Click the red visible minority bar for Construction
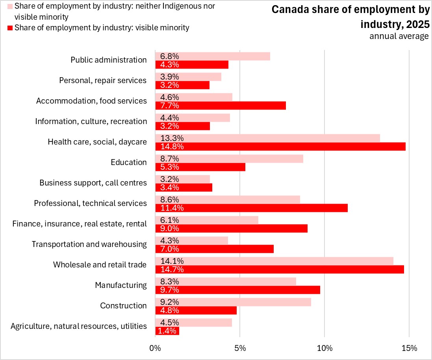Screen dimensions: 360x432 pyautogui.click(x=196, y=310)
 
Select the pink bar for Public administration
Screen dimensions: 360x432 pyautogui.click(x=213, y=56)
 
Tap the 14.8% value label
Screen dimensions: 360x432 pyautogui.click(x=170, y=147)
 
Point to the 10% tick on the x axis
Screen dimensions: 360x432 pyautogui.click(x=324, y=348)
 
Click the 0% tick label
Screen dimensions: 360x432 pyautogui.click(x=155, y=348)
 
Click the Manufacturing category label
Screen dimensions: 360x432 pyautogui.click(x=121, y=285)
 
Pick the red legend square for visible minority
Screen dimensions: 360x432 pyautogui.click(x=10, y=28)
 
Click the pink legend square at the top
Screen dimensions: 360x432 pyautogui.click(x=10, y=7)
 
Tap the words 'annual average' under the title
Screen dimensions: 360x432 pyautogui.click(x=399, y=36)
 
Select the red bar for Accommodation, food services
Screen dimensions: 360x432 pyautogui.click(x=221, y=106)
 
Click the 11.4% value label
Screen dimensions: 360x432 pyautogui.click(x=170, y=208)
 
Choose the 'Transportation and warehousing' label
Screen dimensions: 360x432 pyautogui.click(x=89, y=244)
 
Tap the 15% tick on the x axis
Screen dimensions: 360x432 pyautogui.click(x=409, y=348)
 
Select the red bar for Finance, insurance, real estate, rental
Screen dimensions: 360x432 pyautogui.click(x=231, y=228)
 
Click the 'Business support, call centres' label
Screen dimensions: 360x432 pyautogui.click(x=93, y=183)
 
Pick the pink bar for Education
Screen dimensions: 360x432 pyautogui.click(x=229, y=158)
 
